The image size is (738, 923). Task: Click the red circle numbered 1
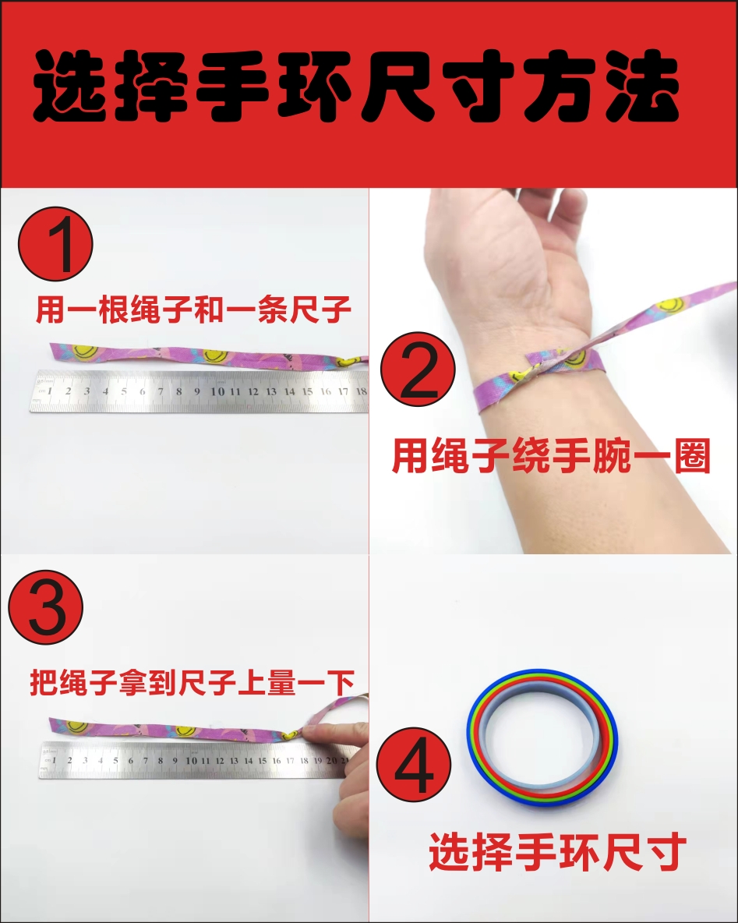click(55, 244)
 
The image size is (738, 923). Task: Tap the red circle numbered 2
click(418, 369)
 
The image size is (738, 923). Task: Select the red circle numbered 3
click(46, 607)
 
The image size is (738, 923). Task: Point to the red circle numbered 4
click(414, 764)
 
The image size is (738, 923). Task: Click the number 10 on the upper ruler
click(217, 391)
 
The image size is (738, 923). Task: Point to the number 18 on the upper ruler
click(362, 391)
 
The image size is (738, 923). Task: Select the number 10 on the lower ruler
click(191, 761)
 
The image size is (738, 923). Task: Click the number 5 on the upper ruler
click(124, 391)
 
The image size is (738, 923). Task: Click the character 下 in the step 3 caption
click(340, 683)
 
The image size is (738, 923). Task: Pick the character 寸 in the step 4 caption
click(667, 852)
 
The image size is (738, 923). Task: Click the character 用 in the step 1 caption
click(49, 309)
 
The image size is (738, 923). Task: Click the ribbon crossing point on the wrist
click(559, 358)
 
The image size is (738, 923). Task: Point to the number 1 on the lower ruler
click(54, 761)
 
